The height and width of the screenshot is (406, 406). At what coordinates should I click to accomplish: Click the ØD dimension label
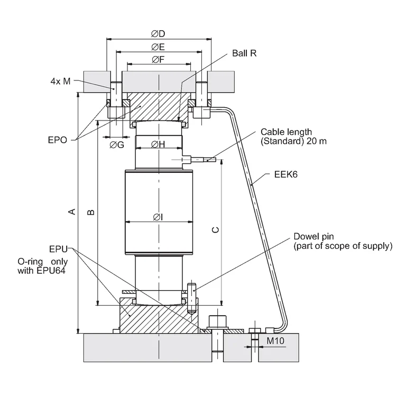(x=158, y=34)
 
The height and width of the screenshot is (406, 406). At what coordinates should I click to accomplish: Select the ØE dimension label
(x=158, y=47)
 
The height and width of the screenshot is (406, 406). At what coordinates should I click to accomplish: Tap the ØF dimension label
(x=158, y=60)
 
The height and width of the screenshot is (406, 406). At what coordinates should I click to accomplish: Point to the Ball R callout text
(x=244, y=53)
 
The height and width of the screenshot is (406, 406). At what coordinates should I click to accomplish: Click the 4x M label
(x=60, y=81)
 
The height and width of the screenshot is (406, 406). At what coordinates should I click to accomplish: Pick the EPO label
(x=58, y=140)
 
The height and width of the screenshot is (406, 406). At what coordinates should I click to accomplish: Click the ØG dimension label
(x=117, y=145)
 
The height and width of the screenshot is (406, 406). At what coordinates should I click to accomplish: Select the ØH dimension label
(x=158, y=144)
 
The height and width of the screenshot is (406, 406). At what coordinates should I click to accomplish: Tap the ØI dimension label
(x=158, y=217)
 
